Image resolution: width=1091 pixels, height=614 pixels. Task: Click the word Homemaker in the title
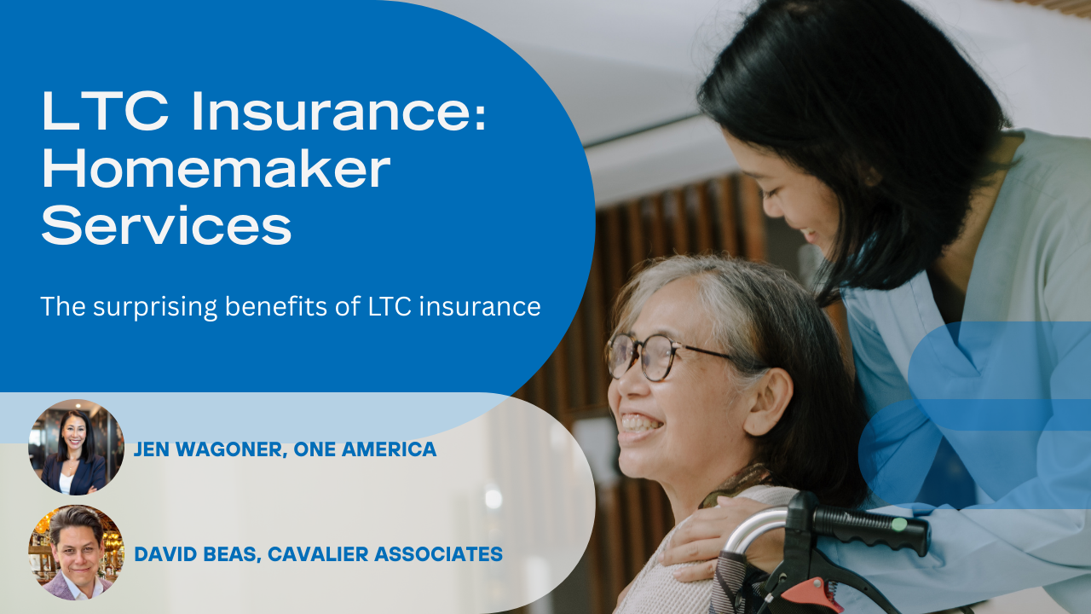point(216,170)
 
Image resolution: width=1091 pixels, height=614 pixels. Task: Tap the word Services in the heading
point(167,228)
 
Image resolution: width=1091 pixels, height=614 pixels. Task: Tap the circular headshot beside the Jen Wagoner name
point(76,447)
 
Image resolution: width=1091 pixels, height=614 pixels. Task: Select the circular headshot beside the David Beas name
point(76,552)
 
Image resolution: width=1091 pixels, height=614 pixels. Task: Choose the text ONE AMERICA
point(365,449)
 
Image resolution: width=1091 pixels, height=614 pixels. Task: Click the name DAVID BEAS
point(197,554)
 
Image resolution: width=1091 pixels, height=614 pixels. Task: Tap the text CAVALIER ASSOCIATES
point(384,554)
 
